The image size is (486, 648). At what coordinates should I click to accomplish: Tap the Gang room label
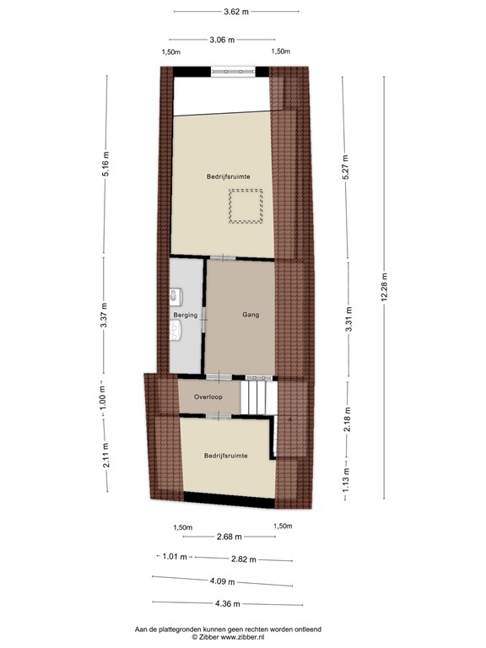point(251,315)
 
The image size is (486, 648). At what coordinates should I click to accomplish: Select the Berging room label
point(186,315)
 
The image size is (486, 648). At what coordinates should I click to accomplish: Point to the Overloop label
point(208,396)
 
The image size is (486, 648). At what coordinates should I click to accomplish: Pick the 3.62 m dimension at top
point(236,12)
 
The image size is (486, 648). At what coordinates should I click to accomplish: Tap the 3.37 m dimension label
point(104,315)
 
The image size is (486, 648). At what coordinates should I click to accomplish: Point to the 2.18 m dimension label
point(347,418)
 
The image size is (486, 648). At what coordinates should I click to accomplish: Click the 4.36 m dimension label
point(227,603)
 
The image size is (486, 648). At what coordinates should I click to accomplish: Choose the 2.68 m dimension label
point(229,537)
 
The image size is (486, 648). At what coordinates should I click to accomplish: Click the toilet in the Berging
point(175,295)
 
